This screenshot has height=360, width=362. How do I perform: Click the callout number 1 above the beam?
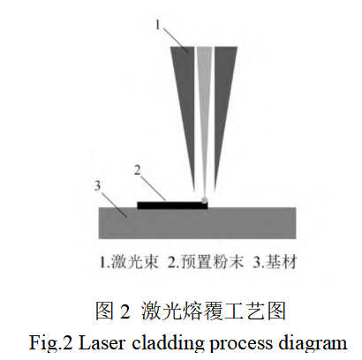(x=158, y=27)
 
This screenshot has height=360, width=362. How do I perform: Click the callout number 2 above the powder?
(x=137, y=169)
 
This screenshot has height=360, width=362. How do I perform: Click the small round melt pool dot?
(x=206, y=200)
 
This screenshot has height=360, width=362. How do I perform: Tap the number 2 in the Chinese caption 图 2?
(x=124, y=311)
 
